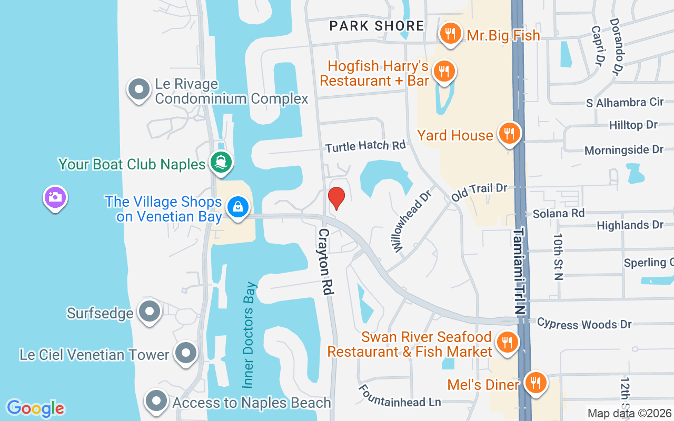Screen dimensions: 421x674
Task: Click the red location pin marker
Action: pyautogui.click(x=336, y=198)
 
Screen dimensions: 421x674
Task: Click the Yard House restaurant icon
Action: pyautogui.click(x=509, y=134)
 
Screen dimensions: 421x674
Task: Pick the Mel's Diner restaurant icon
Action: pyautogui.click(x=536, y=383)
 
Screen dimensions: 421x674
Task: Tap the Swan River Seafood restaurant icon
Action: pyautogui.click(x=507, y=343)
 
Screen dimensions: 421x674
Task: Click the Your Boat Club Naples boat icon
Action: pyautogui.click(x=221, y=163)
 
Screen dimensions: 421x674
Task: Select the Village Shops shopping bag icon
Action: pyautogui.click(x=238, y=207)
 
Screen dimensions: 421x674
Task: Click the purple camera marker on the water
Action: pyautogui.click(x=55, y=198)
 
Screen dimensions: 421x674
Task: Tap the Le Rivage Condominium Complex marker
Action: pyautogui.click(x=139, y=90)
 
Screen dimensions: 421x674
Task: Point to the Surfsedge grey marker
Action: pyautogui.click(x=150, y=312)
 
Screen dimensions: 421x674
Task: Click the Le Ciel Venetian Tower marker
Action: pyautogui.click(x=186, y=353)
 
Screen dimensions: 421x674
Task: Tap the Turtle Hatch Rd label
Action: pyautogui.click(x=365, y=146)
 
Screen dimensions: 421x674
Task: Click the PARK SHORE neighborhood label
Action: pyautogui.click(x=376, y=25)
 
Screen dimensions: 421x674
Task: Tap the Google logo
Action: pyautogui.click(x=35, y=408)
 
